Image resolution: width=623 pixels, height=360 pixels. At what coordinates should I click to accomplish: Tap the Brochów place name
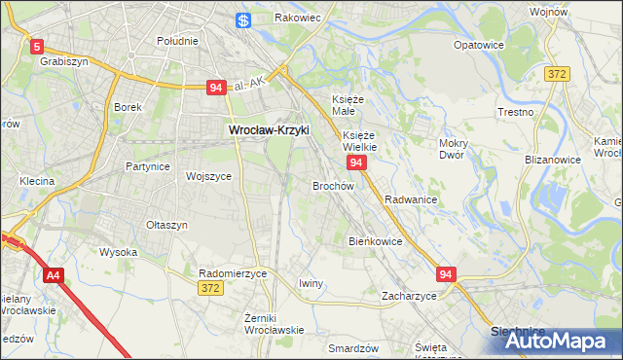pos(332,185)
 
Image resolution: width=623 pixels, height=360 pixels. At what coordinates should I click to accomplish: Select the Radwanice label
pos(410,198)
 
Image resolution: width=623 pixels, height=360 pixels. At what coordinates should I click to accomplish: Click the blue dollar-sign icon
pos(244,19)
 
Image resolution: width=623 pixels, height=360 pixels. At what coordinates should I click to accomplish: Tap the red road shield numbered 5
pos(37,46)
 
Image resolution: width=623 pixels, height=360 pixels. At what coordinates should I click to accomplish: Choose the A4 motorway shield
pos(53,276)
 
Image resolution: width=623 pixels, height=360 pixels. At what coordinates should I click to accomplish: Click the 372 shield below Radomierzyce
pos(209,288)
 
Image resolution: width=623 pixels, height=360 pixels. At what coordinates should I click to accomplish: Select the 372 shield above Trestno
pos(557,74)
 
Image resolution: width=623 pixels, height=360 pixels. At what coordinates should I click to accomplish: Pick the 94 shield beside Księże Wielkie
pos(356,162)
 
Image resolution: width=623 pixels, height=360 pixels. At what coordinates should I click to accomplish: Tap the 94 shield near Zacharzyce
pos(446,275)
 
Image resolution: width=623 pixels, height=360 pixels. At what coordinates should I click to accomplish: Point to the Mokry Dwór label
pos(454,149)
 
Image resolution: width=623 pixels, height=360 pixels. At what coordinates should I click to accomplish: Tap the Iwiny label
pos(311,283)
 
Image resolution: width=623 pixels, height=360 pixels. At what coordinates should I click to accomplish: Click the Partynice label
pos(148,166)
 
